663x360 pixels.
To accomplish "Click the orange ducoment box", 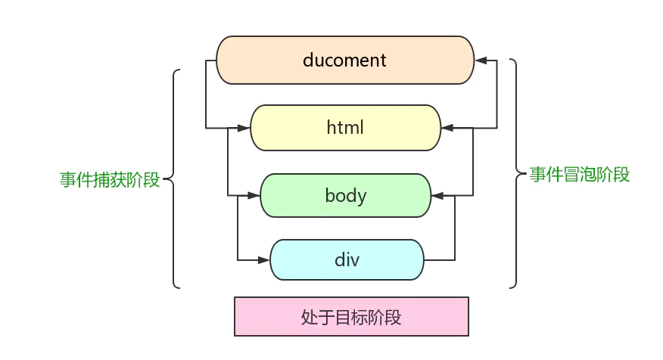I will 345,60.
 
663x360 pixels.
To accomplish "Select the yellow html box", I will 345,128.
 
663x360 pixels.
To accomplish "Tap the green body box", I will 345,196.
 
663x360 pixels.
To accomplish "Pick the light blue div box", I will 346,260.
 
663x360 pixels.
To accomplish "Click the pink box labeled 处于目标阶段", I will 351,317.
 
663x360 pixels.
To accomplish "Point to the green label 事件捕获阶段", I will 110,180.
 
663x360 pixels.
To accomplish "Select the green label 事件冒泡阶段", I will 580,175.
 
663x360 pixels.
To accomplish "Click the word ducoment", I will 344,60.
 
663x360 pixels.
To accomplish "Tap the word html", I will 345,128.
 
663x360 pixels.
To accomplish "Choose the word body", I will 346,196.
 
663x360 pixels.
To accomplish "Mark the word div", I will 346,260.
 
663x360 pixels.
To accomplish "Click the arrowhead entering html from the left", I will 244,128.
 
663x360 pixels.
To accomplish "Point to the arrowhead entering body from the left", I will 254,196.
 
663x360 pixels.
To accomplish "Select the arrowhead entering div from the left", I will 264,260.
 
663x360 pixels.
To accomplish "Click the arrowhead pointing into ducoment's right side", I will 481,60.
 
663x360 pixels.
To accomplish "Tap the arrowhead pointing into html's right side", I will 447,128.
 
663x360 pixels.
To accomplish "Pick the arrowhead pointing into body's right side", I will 437,196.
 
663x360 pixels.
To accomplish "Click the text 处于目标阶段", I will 351,317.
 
